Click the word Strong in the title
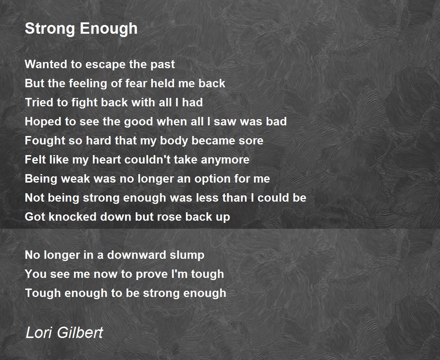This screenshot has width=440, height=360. click(50, 29)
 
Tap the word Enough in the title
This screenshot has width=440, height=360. click(109, 29)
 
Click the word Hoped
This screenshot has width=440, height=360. click(43, 122)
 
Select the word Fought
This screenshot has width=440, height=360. click(45, 141)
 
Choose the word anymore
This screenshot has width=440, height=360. click(225, 161)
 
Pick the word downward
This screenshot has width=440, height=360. click(136, 255)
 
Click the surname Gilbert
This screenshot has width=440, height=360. click(80, 333)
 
